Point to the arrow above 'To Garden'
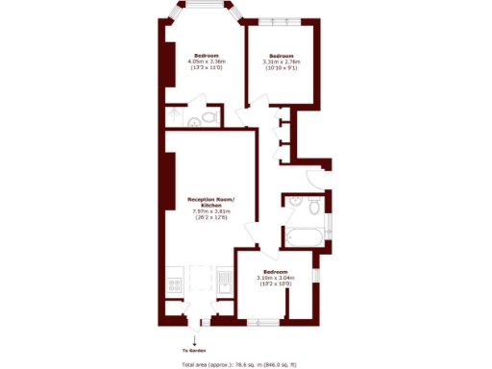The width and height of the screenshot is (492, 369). [x=196, y=338]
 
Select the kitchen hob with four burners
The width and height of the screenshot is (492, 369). [x=175, y=284]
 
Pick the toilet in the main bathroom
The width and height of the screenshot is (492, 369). [x=313, y=206]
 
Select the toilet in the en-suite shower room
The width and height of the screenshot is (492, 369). [x=196, y=121]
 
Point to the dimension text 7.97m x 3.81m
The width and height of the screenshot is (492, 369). [x=211, y=211]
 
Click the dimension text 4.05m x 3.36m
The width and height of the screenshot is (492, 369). [x=206, y=61]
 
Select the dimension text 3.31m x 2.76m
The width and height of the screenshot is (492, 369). [x=282, y=62]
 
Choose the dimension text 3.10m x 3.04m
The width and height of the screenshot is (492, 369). [x=276, y=279]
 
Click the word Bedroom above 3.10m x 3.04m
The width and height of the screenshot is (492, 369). [x=275, y=272]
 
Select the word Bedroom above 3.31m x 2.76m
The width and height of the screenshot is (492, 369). [x=281, y=55]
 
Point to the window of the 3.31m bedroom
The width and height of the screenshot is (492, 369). [x=282, y=19]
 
